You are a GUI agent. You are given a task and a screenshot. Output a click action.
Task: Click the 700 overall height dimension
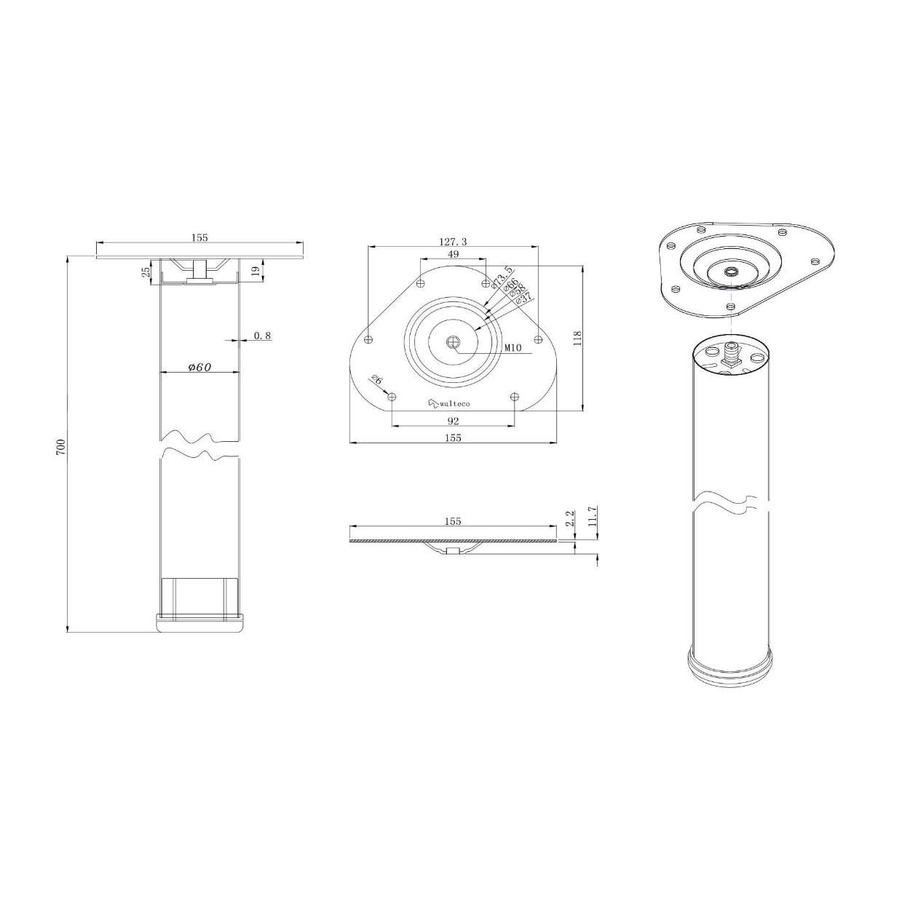60,446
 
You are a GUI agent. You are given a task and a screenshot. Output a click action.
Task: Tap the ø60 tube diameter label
199,367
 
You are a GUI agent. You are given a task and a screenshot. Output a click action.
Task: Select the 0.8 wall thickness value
263,336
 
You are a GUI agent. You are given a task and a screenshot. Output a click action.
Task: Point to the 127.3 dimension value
453,242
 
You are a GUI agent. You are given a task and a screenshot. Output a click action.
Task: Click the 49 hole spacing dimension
453,254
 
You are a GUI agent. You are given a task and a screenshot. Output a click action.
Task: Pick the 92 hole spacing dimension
453,421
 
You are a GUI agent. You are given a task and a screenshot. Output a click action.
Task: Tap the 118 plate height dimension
577,338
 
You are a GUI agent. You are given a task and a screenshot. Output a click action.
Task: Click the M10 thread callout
513,348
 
